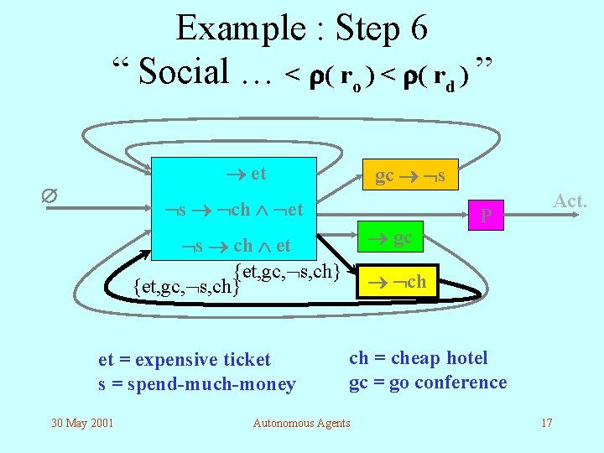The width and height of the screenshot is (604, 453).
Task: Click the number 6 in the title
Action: tap(419, 29)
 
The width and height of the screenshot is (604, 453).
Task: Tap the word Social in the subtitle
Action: tap(184, 72)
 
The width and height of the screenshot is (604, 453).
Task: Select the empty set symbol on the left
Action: tap(49, 195)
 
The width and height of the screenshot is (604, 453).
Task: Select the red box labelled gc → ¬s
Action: tap(410, 175)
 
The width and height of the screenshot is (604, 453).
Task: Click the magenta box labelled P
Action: tap(486, 217)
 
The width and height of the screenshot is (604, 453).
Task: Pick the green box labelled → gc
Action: tap(394, 237)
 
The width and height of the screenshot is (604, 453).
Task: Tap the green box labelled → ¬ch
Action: tap(395, 282)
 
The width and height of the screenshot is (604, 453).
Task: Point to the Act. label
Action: tap(570, 200)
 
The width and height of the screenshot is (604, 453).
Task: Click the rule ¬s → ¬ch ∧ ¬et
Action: tap(238, 209)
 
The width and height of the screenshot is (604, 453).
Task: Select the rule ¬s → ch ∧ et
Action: tap(237, 245)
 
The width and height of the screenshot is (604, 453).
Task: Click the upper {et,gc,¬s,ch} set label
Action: tap(287, 270)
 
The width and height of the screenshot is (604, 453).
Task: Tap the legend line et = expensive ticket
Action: tap(185, 360)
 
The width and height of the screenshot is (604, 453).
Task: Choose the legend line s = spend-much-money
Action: tap(197, 384)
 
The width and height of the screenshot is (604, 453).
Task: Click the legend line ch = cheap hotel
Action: tap(418, 358)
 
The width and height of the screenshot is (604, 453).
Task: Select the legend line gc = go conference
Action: tap(428, 383)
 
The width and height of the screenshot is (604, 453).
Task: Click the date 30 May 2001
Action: tap(81, 422)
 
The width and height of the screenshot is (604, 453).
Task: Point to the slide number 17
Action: tap(546, 422)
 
